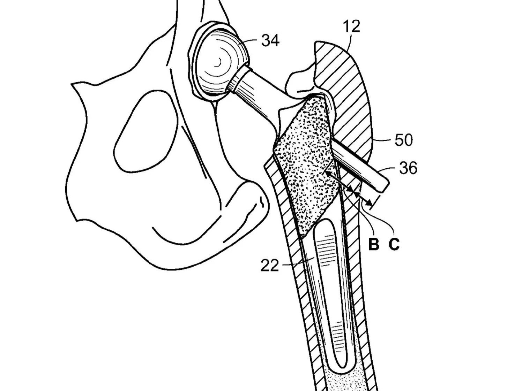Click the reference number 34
point(270,41)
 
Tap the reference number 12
point(351,26)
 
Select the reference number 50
point(403,140)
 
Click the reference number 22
point(270,266)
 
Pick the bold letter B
point(373,244)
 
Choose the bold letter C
point(394,244)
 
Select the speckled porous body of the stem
point(307,164)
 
